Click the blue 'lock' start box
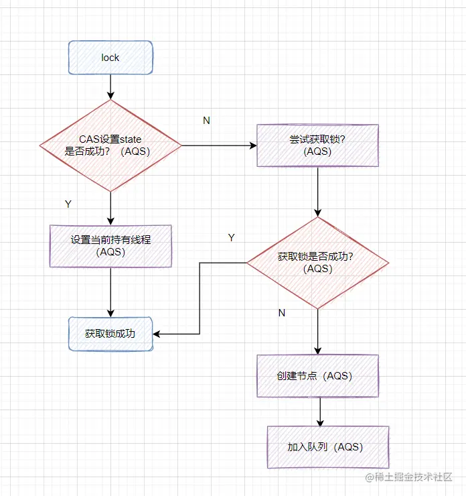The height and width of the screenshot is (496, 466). point(110,58)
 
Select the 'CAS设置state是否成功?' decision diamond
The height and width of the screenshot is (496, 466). point(110,145)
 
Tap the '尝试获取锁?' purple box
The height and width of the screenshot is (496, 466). point(317,145)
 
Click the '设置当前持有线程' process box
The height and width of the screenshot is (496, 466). point(110,245)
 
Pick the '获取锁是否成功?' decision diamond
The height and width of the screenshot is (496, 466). point(317,262)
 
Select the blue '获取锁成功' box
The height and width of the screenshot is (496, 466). point(110,333)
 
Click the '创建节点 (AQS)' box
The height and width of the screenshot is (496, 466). point(317,376)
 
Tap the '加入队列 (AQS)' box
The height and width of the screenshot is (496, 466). point(327,447)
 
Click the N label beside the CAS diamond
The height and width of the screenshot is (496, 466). point(206,120)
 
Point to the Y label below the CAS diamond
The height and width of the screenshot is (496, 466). point(68,204)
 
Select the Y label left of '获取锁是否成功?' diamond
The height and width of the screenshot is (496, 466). point(232,237)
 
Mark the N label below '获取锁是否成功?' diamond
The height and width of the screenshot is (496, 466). point(281,313)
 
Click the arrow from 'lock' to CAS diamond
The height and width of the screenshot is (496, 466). point(110,86)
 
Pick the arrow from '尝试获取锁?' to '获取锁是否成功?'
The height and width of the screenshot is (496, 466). point(317,192)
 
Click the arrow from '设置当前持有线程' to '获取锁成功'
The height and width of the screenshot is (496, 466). point(110,292)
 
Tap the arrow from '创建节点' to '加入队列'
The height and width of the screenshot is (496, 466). point(321,412)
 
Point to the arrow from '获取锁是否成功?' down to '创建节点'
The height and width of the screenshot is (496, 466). point(317,331)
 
